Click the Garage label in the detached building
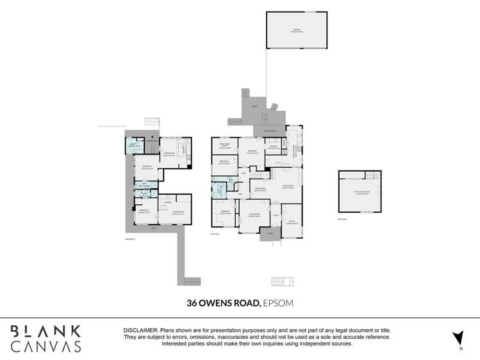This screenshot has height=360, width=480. point(295,30)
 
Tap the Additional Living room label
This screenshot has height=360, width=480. point(359,192)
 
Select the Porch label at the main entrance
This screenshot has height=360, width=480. point(270,234)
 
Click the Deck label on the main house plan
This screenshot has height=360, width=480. point(254,106)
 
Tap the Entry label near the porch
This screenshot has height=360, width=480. point(275,216)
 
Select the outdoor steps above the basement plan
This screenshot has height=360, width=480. point(151,122)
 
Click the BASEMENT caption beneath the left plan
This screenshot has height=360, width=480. point(131,239)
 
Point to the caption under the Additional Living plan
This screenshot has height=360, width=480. point(342,219)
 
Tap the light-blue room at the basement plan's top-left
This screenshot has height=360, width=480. point(134,145)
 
